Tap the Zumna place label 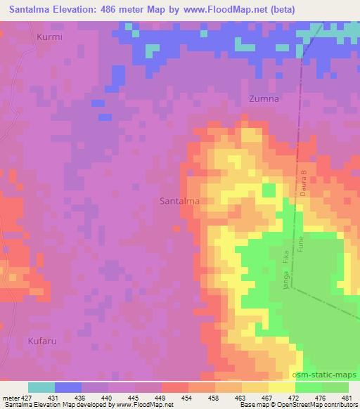pyautogui.click(x=264, y=99)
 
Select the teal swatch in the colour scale pyautogui.click(x=41, y=387)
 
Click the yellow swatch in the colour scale pyautogui.click(x=282, y=387)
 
